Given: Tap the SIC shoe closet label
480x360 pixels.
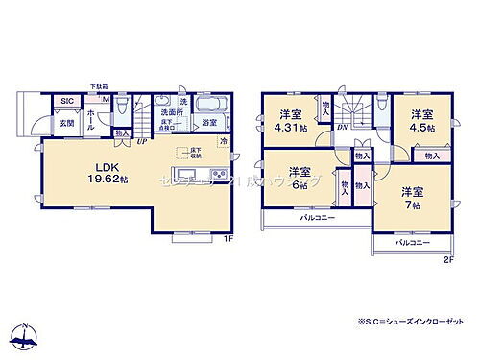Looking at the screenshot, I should click(67, 101).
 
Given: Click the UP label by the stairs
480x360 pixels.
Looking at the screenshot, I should click(141, 139).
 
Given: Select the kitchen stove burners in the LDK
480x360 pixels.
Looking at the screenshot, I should click(218, 175).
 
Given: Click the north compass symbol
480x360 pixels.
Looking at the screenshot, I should click(25, 337).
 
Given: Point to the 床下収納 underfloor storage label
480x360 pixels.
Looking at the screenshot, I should click(196, 153).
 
